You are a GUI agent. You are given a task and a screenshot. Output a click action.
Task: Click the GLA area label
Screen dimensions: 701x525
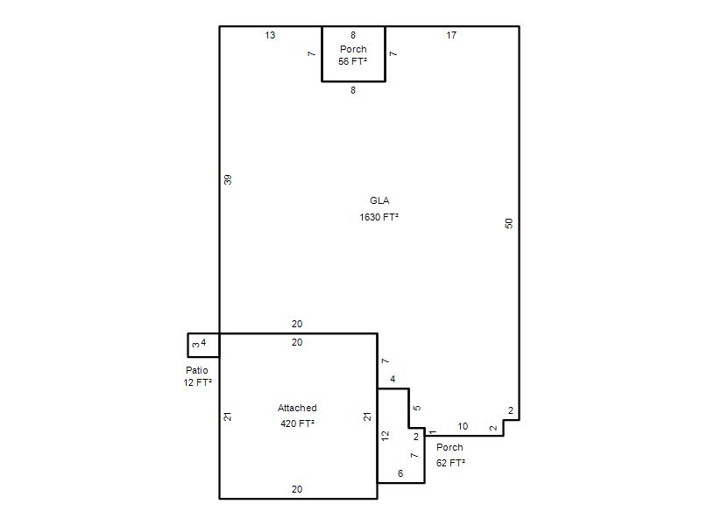point(379,200)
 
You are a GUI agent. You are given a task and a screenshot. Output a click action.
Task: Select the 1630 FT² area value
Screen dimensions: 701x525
point(379,217)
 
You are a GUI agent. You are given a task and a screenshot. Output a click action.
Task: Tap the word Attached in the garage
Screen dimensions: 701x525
point(297,408)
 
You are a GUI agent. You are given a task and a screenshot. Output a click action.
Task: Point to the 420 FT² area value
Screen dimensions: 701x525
point(297,423)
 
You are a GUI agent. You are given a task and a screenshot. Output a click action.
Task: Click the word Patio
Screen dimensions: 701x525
point(196,370)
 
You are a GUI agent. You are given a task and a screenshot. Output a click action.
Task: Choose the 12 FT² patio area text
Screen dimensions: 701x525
point(197,382)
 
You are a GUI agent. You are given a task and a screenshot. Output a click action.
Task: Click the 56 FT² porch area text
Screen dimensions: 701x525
point(353,61)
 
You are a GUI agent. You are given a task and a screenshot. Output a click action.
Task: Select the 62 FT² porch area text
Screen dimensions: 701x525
point(450,463)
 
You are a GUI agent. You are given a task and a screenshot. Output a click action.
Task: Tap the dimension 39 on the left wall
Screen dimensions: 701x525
point(228,180)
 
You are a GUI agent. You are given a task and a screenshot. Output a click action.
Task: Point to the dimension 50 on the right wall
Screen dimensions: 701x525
point(509,223)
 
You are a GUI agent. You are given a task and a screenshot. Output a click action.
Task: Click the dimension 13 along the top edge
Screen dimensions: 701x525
point(270,35)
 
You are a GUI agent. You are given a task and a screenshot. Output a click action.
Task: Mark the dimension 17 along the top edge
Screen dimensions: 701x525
point(451,35)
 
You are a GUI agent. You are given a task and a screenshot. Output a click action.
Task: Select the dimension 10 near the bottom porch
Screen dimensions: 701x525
point(463,426)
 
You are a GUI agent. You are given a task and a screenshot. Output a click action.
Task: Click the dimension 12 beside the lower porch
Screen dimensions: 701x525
point(385,436)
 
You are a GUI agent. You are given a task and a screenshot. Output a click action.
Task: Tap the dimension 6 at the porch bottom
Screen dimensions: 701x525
point(400,473)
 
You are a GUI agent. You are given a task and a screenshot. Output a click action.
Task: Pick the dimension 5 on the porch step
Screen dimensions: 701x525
point(417,408)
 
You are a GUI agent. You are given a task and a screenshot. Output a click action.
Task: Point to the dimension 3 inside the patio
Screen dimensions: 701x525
point(195,345)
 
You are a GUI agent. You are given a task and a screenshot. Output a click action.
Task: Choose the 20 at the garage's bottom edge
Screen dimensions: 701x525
point(297,489)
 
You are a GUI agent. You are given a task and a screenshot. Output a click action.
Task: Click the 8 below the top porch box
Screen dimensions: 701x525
point(353,90)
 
